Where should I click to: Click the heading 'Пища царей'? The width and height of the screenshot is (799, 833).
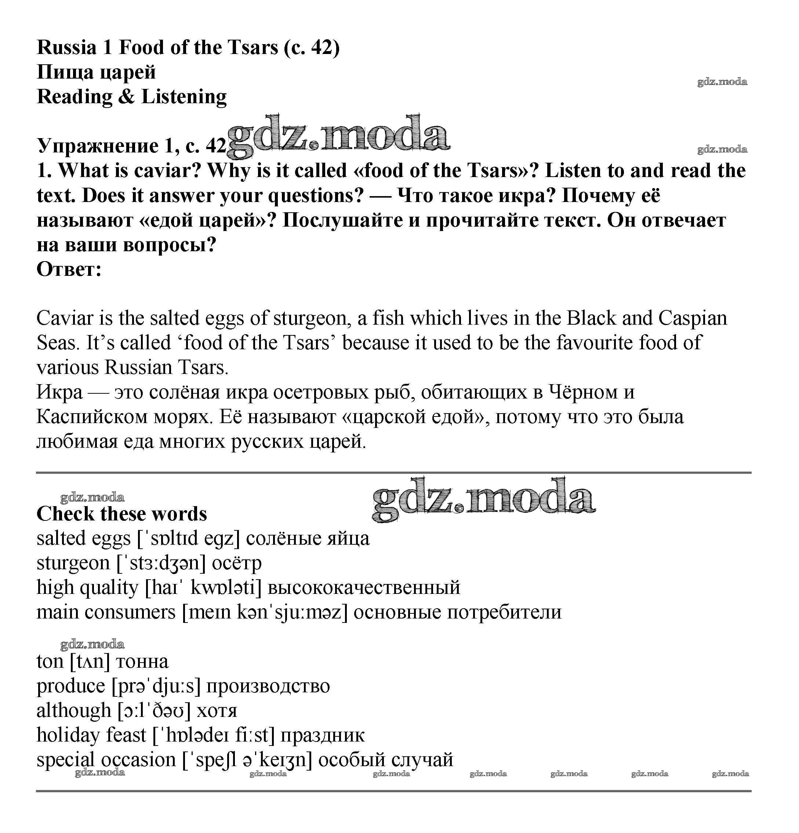point(96,72)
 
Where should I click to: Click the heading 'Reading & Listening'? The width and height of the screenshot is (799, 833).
point(132,97)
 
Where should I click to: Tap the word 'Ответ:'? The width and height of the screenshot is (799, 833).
point(69,270)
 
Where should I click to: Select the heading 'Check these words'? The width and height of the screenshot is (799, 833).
point(121,514)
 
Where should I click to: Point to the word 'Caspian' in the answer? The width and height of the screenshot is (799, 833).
point(693,318)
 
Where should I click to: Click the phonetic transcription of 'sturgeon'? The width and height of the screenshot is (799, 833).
point(161,563)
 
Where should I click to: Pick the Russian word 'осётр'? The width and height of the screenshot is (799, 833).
point(237,563)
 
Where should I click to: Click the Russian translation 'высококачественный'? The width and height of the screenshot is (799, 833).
point(364,588)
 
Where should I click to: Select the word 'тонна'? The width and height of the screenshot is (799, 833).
point(142,662)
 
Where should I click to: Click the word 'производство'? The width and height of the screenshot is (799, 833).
point(268,686)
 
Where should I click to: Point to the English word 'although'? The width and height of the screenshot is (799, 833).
point(73,711)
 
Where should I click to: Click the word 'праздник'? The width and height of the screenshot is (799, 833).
point(322,735)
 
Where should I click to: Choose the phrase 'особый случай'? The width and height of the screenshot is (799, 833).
point(386,760)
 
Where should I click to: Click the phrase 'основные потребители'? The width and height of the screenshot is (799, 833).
point(457,612)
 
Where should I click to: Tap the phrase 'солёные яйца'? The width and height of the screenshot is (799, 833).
point(308,539)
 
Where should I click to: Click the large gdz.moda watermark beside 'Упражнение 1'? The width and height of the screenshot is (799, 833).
point(338,135)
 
